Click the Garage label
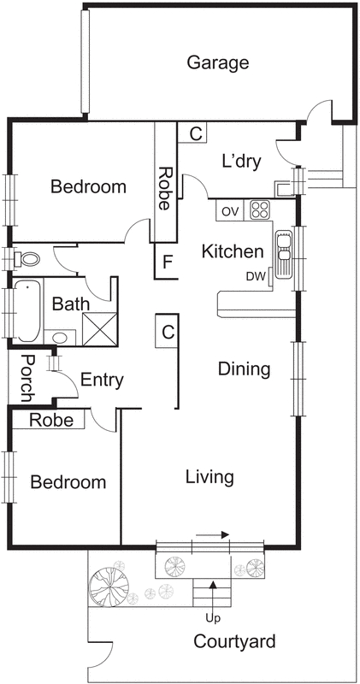point(218,62)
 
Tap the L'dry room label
point(240,161)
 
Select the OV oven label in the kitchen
point(230,210)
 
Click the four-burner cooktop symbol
point(259,209)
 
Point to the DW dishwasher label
point(256,276)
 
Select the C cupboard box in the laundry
point(195,133)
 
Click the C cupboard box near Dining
point(168,331)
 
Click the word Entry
point(102,380)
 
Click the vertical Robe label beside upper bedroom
point(164,188)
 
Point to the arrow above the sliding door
point(212,534)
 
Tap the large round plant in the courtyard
point(109,586)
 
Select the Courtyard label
point(234,641)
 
